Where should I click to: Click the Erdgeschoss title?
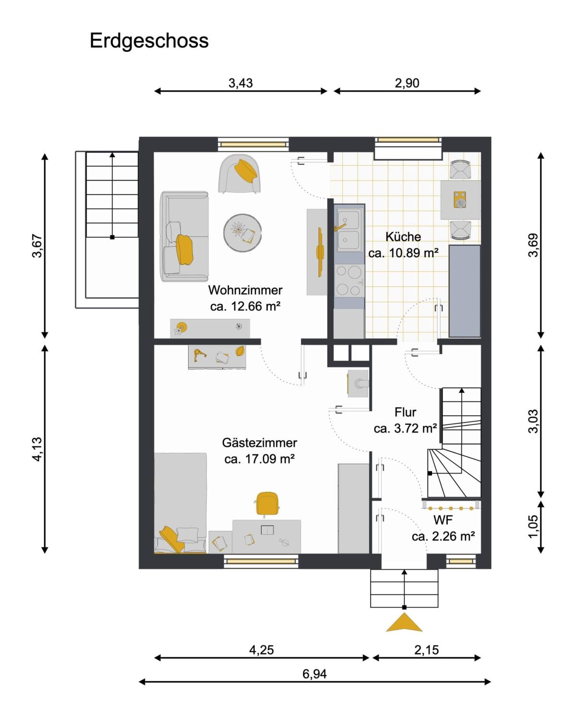coord(149,41)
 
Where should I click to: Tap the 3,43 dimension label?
coord(240,83)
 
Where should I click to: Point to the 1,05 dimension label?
coord(533,526)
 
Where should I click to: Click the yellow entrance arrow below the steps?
coord(404,622)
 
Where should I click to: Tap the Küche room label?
coord(403,236)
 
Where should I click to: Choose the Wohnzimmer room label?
coord(245,290)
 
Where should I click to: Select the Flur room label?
coord(405,412)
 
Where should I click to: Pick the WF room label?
coord(443,520)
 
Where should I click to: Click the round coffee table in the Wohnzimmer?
coord(242,233)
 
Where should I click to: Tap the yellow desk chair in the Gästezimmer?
coord(267,504)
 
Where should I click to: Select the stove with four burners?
coord(349,280)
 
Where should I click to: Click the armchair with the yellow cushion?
coord(239,173)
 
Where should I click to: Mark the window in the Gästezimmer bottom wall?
coord(261,561)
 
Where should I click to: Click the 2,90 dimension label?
coord(407,83)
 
